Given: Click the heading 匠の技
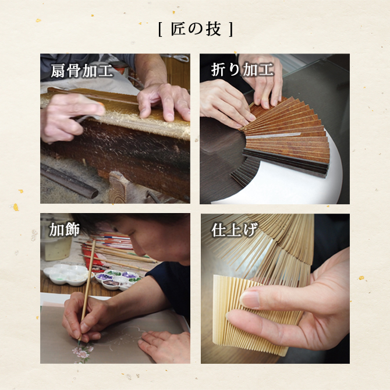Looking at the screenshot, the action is coord(196,29).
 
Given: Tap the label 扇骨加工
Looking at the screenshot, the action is coord(82,70).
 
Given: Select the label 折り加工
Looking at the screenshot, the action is coord(242,69).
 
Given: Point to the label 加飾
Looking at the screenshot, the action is coord(65,229).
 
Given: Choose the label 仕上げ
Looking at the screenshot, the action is coord(233,230).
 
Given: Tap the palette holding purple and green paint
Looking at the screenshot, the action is coord(117,279).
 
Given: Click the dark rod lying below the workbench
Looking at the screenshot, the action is coord(69,181).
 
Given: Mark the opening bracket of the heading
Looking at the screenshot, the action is coord(160,29).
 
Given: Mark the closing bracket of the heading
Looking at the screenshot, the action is coord(231,29).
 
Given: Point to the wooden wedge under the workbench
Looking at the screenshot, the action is coord(118,186).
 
